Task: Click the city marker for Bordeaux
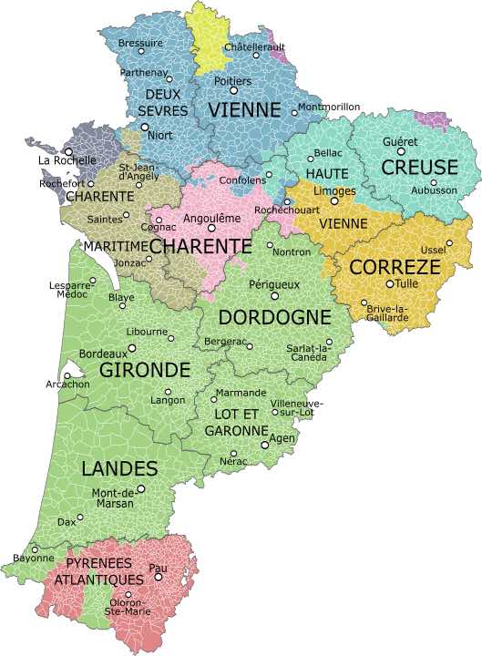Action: click(x=132, y=347)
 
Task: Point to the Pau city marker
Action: click(x=159, y=577)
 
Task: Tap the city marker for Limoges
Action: click(x=334, y=200)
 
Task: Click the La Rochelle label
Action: click(x=67, y=160)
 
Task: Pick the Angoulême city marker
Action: click(x=212, y=228)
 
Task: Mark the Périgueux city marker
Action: click(x=274, y=295)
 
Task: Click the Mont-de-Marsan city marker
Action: click(x=140, y=488)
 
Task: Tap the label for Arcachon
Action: click(x=67, y=384)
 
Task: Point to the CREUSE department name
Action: click(x=419, y=167)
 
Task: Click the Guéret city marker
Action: click(x=401, y=152)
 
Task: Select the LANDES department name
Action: click(x=119, y=469)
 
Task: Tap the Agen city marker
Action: click(x=265, y=445)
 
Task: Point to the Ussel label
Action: click(x=433, y=251)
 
